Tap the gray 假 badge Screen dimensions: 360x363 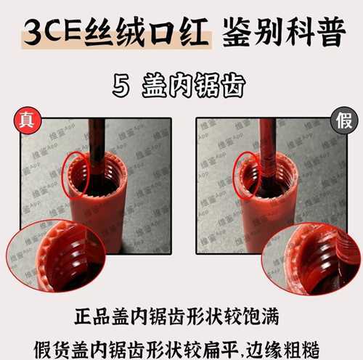coord(342,120)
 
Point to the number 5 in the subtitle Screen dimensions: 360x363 coord(121,86)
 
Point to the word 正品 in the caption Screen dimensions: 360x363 coord(91,318)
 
